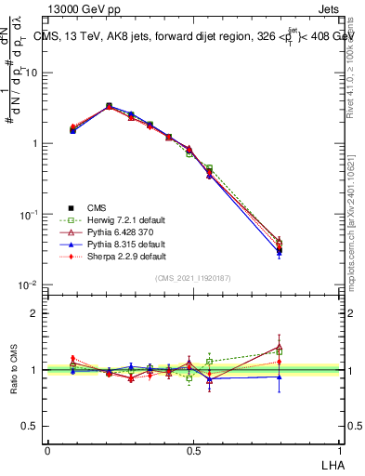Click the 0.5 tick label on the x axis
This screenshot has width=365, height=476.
tap(192, 450)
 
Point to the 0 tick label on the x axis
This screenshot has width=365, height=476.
tap(47, 450)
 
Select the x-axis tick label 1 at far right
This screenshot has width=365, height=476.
tap(337, 450)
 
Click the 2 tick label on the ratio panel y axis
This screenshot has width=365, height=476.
tap(35, 313)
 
